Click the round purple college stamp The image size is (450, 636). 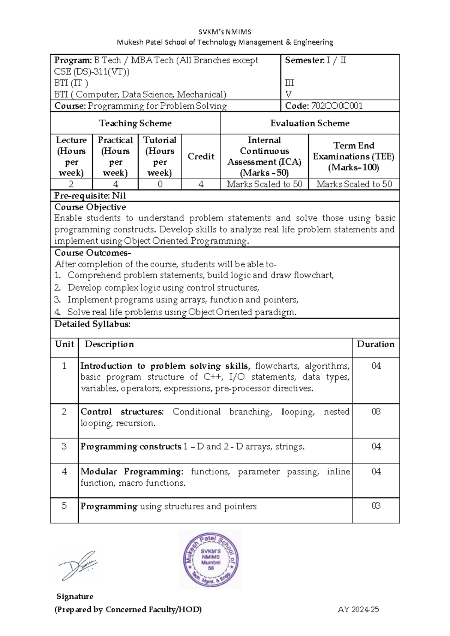tap(211, 559)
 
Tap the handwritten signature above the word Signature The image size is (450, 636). tap(78, 565)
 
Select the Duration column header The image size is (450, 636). tap(375, 344)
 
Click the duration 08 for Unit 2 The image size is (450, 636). tap(376, 412)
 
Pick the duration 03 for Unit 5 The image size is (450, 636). tap(376, 506)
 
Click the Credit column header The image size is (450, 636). tap(201, 156)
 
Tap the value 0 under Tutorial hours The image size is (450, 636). tap(160, 184)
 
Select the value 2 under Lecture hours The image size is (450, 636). tap(71, 184)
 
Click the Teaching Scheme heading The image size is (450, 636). tap(135, 123)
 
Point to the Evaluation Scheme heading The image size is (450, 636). tap(310, 123)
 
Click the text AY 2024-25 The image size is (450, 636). tap(358, 609)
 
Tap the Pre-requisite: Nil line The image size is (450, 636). tap(90, 196)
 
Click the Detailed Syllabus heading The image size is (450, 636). tap(93, 324)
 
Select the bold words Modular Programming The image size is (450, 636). tap(132, 472)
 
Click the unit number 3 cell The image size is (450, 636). tap(64, 446)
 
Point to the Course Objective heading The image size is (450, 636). tap(90, 207)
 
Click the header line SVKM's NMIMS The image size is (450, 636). tap(225, 32)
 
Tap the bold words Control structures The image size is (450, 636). tap(122, 412)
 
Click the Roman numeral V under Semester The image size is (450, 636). tap(288, 94)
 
